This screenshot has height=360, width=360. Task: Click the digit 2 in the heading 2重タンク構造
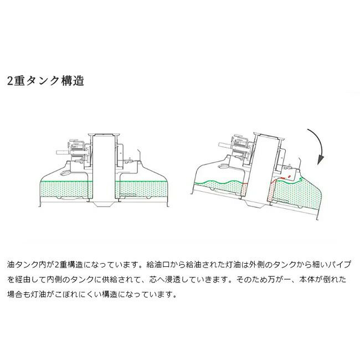pyautogui.click(x=10, y=81)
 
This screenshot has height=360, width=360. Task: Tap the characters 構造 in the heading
pyautogui.click(x=73, y=81)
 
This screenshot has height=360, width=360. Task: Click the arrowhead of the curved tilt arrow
pyautogui.click(x=321, y=160)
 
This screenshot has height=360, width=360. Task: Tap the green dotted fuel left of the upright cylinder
pyautogui.click(x=65, y=189)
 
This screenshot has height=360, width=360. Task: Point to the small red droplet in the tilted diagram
pyautogui.click(x=289, y=176)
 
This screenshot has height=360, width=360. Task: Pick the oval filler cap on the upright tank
pyautogui.click(x=65, y=173)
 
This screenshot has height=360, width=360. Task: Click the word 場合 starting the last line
pyautogui.click(x=15, y=294)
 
